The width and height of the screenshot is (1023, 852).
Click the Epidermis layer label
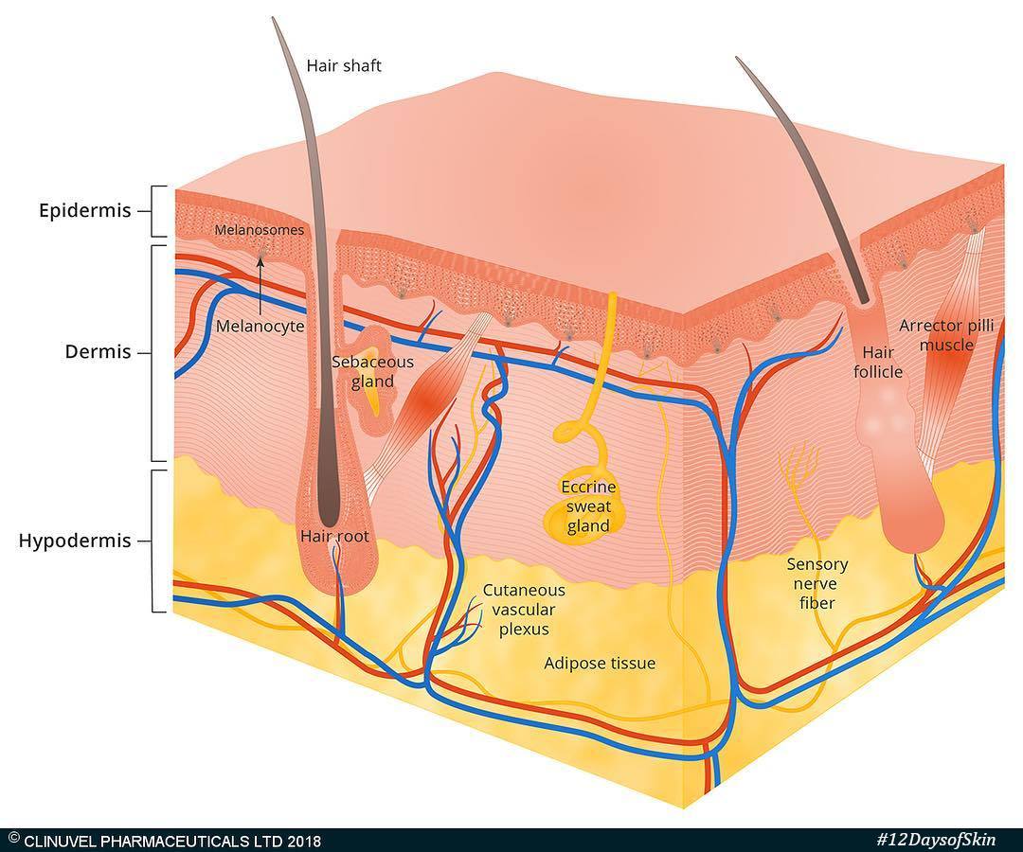click(x=85, y=211)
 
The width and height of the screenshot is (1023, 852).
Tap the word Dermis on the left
click(x=98, y=352)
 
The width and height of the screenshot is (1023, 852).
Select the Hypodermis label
click(x=75, y=541)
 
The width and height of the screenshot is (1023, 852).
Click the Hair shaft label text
click(x=344, y=66)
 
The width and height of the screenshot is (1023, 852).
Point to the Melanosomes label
click(x=259, y=230)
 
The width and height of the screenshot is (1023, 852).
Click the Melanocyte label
click(x=260, y=326)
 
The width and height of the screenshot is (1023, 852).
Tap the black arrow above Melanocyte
click(x=260, y=286)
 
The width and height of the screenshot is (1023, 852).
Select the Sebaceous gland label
click(x=372, y=372)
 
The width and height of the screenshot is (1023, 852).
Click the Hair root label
click(x=334, y=537)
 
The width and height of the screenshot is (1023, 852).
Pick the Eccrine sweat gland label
click(x=588, y=506)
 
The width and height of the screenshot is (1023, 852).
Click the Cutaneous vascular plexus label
click(x=524, y=610)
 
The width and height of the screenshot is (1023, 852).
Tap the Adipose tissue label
click(x=600, y=664)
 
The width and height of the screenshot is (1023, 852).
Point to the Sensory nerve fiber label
click(x=817, y=583)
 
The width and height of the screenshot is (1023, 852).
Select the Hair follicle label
click(x=878, y=363)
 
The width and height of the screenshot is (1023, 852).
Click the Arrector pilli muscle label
click(x=946, y=335)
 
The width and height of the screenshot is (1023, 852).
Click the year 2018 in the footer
click(x=305, y=841)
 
